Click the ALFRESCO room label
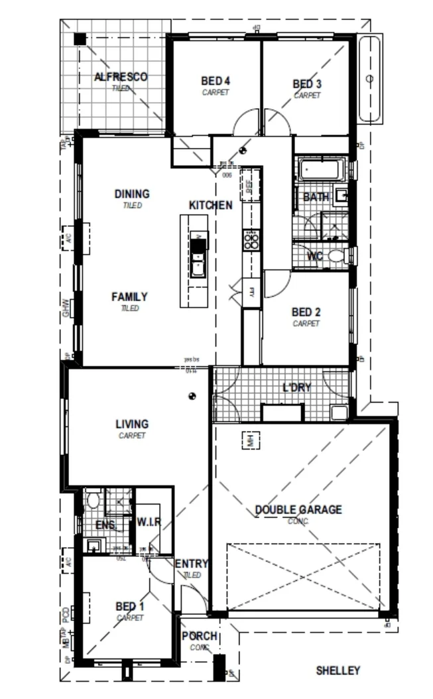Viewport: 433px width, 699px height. click(x=121, y=77)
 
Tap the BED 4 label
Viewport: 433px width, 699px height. click(x=216, y=82)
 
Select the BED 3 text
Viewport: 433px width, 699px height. click(x=307, y=84)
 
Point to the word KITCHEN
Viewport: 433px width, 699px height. click(x=211, y=206)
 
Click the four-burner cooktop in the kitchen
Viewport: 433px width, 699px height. click(x=251, y=239)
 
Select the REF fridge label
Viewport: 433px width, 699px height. click(x=250, y=188)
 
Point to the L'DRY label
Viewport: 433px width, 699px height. click(x=297, y=387)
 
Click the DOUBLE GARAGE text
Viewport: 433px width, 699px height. click(x=298, y=510)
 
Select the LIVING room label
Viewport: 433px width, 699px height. click(x=132, y=424)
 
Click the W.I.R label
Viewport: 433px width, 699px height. click(x=149, y=522)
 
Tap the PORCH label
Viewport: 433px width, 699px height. click(x=200, y=636)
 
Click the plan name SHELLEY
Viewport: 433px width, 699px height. click(x=338, y=670)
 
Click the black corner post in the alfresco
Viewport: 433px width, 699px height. click(x=80, y=39)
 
